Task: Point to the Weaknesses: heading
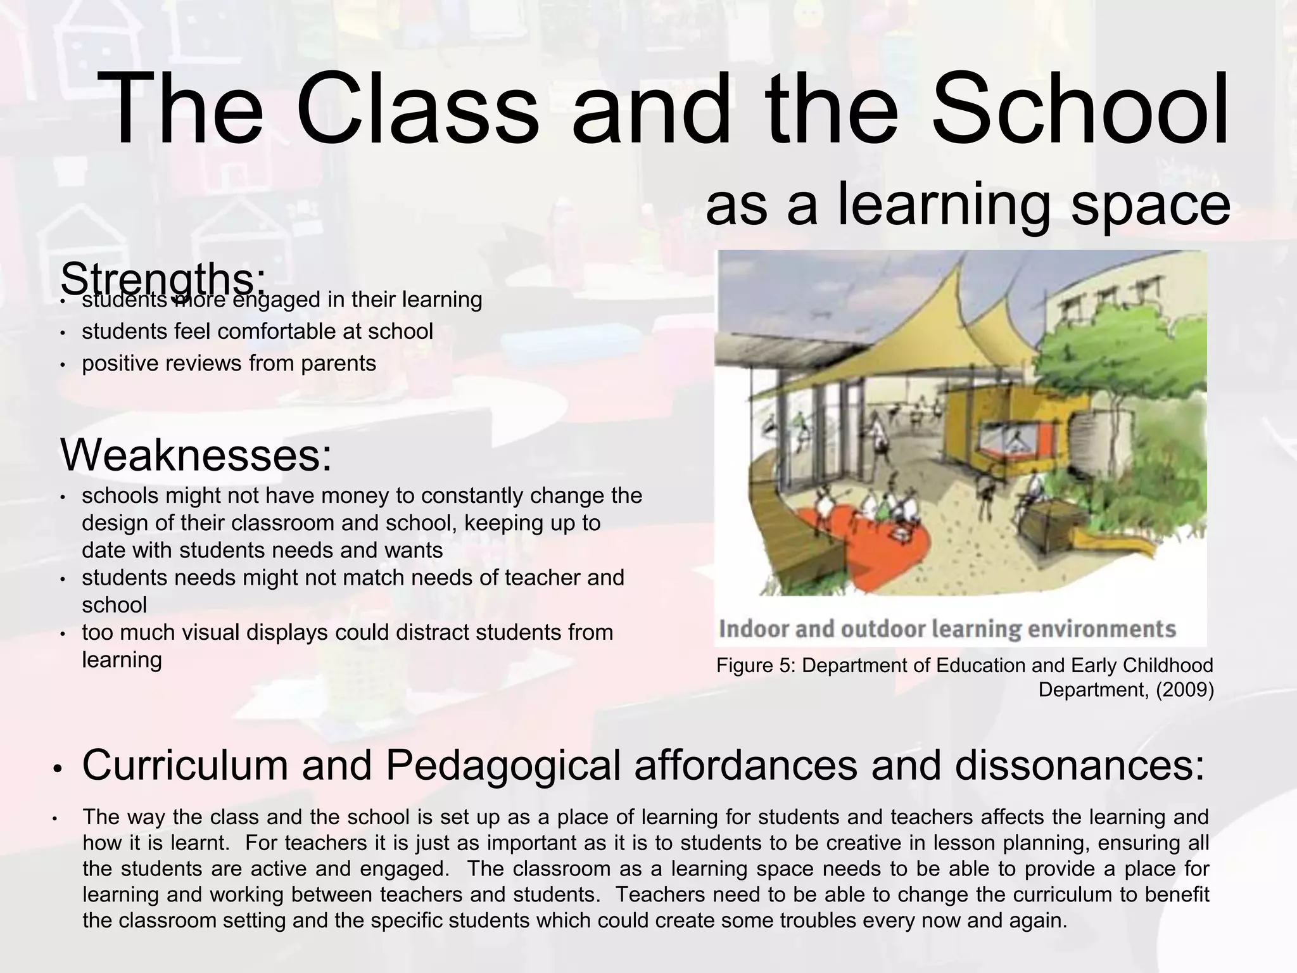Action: (196, 455)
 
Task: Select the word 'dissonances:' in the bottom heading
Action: (1079, 765)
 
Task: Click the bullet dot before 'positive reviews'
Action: (62, 365)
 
